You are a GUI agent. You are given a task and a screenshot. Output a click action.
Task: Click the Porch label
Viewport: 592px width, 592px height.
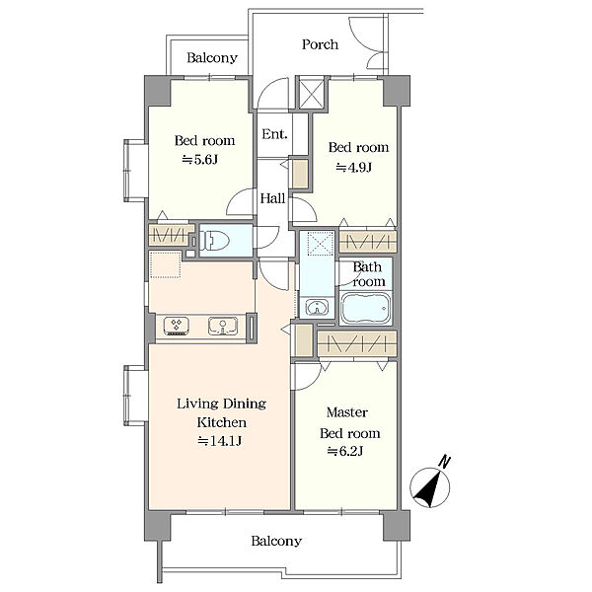click(x=320, y=44)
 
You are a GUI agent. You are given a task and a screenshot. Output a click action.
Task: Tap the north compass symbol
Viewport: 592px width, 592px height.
click(x=430, y=485)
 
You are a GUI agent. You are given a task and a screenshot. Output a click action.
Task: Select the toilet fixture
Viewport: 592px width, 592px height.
click(x=215, y=240)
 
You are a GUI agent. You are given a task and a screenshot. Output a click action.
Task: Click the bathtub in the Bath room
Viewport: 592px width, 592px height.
click(x=365, y=309)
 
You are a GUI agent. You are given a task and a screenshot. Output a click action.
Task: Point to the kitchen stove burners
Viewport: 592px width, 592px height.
click(x=177, y=326)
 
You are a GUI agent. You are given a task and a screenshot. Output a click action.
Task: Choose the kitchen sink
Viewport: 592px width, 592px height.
click(x=223, y=326)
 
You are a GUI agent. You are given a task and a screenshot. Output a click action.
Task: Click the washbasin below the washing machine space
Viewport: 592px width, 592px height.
click(x=317, y=308)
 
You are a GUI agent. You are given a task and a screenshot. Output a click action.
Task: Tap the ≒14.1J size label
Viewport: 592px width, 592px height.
click(x=220, y=441)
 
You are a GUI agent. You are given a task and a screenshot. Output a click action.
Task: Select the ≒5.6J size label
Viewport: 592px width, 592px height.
click(x=199, y=160)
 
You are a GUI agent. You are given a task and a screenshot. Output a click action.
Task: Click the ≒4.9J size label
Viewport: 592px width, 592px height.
click(x=354, y=167)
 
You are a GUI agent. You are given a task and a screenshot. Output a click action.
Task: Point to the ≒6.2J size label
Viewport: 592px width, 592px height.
click(x=344, y=451)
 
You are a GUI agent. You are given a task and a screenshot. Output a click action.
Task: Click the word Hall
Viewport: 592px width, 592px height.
click(x=272, y=198)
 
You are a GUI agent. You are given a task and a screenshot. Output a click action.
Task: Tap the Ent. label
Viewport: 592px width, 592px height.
click(x=274, y=133)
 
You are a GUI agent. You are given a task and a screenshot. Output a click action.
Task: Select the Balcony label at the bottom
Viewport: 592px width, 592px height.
click(x=276, y=541)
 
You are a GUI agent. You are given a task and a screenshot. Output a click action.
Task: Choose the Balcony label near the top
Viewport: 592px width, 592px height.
click(x=212, y=58)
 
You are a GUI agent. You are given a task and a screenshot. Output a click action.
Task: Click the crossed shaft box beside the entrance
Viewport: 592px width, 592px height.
click(x=312, y=93)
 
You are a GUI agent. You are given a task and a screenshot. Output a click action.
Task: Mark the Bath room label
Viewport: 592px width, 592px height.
click(x=369, y=274)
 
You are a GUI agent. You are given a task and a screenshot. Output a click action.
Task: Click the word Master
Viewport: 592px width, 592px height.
click(x=347, y=412)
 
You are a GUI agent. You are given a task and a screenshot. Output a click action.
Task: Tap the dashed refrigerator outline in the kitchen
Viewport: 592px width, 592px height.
click(x=165, y=264)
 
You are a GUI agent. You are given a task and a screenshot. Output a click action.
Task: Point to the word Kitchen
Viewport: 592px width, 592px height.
click(x=222, y=422)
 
